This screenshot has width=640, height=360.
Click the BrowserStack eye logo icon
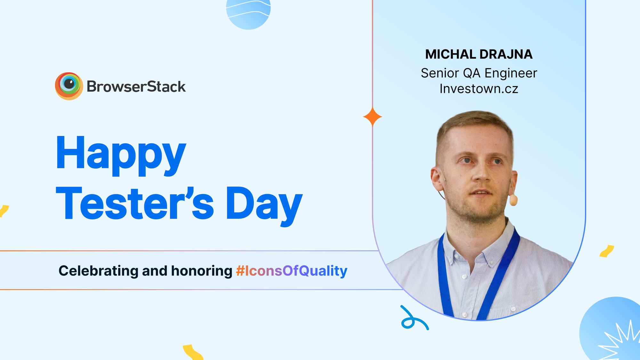point(69,86)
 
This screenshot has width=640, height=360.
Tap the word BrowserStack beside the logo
point(136,87)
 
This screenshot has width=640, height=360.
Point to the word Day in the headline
point(264,205)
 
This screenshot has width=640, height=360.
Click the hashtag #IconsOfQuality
point(292,271)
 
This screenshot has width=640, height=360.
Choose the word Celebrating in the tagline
point(99,271)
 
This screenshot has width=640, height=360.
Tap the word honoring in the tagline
point(202,271)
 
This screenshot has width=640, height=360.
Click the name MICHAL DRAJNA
point(479,54)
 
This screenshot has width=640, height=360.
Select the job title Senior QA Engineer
point(479,73)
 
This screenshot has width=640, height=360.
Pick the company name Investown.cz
point(479,89)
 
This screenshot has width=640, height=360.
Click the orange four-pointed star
point(372,117)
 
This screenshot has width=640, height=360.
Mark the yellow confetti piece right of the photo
point(607,251)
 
